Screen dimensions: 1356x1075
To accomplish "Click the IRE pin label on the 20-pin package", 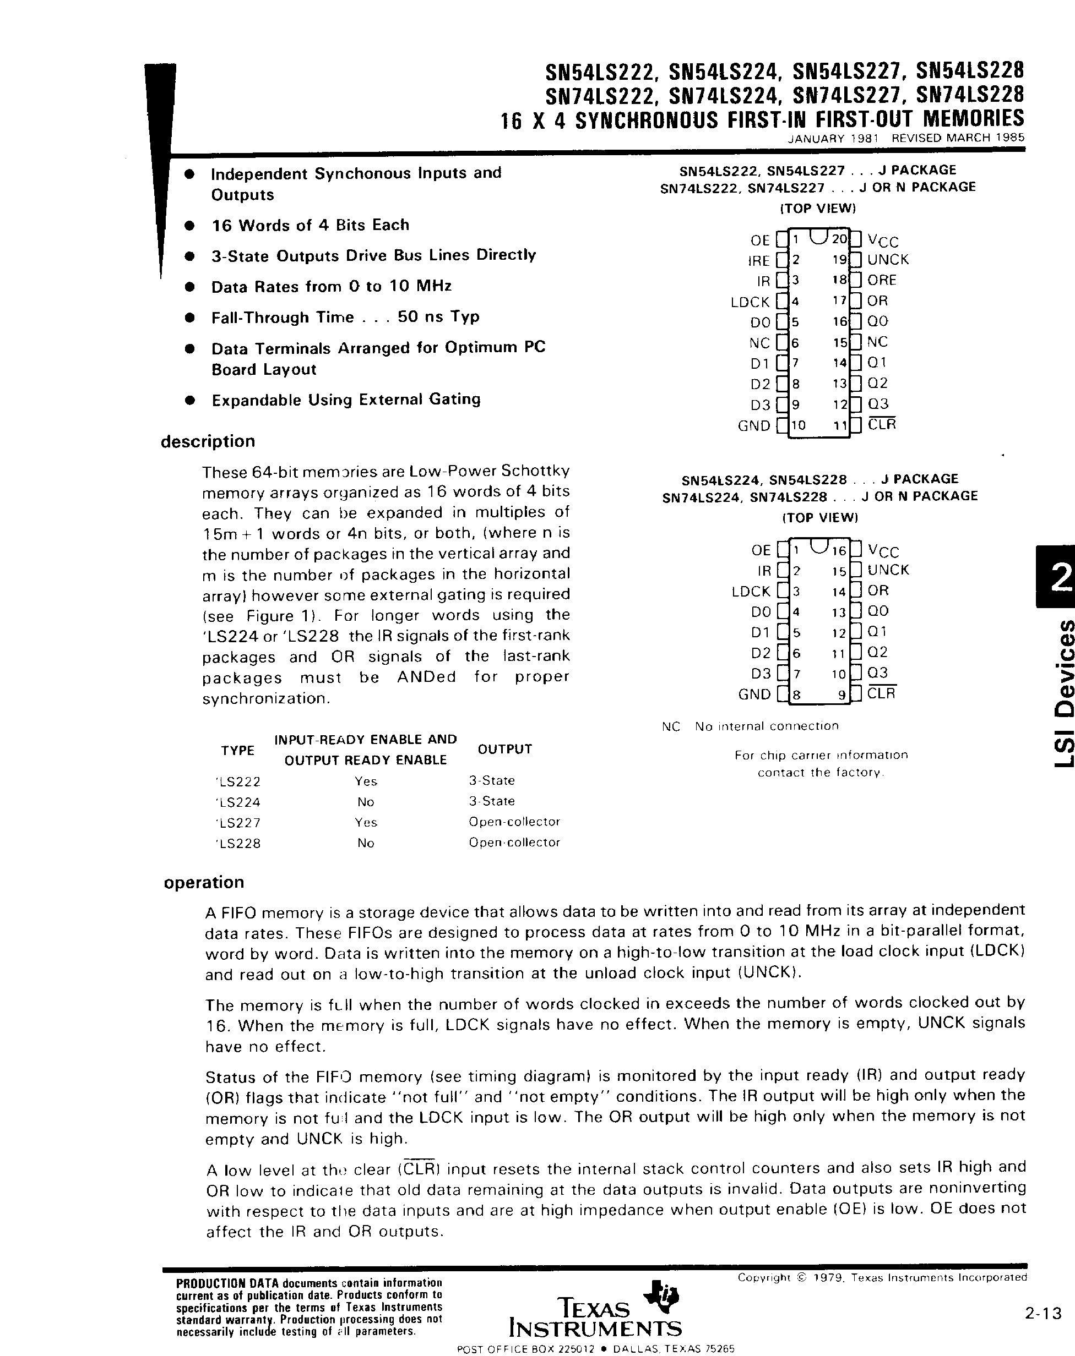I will tap(758, 260).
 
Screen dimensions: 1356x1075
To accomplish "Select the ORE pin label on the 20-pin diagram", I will tap(881, 280).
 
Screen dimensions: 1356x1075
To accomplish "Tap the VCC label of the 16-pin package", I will tap(883, 550).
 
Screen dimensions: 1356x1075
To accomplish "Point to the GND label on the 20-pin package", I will tap(754, 426).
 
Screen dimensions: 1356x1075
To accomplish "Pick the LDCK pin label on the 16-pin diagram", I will tap(751, 591).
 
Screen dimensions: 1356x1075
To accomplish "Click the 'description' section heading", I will tap(208, 441).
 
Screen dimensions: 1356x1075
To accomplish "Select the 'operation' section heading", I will tap(204, 882).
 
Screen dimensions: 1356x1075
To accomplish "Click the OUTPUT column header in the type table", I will tap(505, 749).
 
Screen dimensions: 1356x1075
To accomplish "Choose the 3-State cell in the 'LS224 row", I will tap(492, 801).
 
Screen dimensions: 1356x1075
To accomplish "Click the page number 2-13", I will tap(1043, 1313).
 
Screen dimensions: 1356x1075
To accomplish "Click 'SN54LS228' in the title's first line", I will tap(970, 71).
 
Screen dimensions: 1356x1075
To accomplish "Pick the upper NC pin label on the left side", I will tap(759, 343).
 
